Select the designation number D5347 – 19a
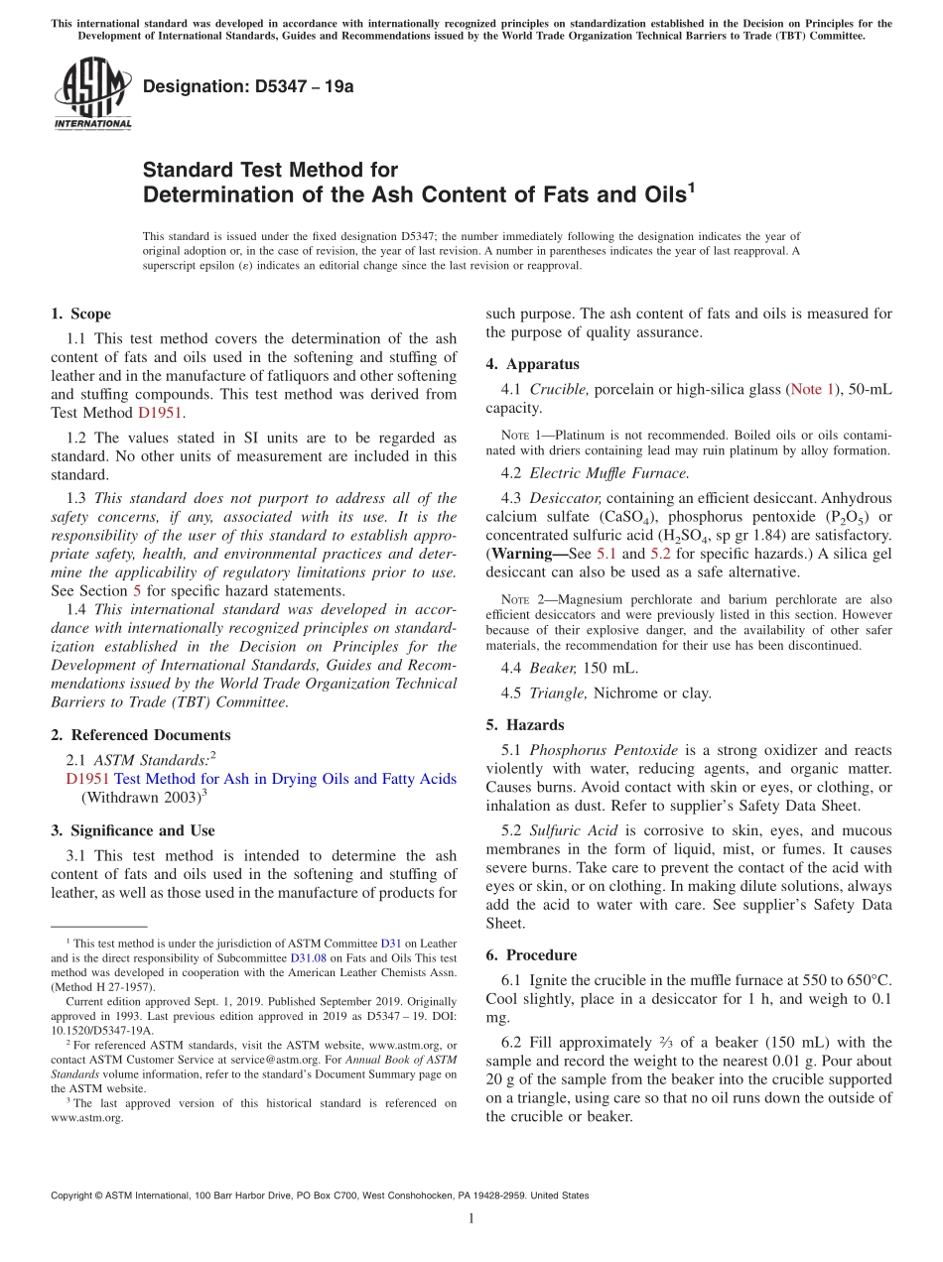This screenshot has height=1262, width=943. click(248, 86)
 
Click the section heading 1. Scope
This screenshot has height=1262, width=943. click(80, 314)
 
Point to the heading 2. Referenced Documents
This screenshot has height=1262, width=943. click(140, 735)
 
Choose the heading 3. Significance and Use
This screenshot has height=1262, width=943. click(132, 830)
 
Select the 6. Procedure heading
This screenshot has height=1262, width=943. click(530, 955)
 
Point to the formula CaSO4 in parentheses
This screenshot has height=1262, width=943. click(621, 517)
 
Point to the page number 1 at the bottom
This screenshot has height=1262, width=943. click(471, 1218)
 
